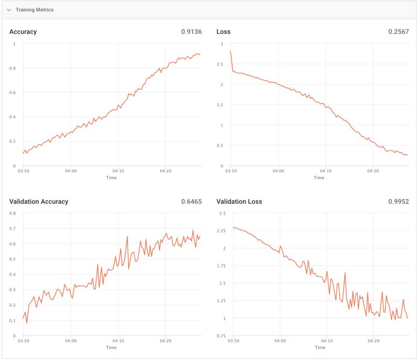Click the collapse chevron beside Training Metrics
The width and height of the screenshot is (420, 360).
9,10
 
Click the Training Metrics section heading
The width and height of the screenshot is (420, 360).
34,10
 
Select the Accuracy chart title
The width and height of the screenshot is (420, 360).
23,32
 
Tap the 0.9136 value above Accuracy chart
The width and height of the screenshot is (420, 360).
191,32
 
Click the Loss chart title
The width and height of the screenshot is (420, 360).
223,32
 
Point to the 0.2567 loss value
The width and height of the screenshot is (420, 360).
398,32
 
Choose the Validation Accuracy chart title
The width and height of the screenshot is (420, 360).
39,201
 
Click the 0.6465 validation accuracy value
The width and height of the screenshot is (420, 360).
191,201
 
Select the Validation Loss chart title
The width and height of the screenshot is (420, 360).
239,201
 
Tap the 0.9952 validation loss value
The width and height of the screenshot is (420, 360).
398,201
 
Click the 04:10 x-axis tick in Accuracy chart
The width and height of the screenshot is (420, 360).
118,171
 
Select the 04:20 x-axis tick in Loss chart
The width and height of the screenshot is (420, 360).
373,171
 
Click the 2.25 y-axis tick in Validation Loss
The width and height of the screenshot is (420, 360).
220,231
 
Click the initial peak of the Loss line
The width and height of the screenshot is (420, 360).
230,51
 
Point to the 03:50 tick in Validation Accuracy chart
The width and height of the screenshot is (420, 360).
23,341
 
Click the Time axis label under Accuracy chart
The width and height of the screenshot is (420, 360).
111,178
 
